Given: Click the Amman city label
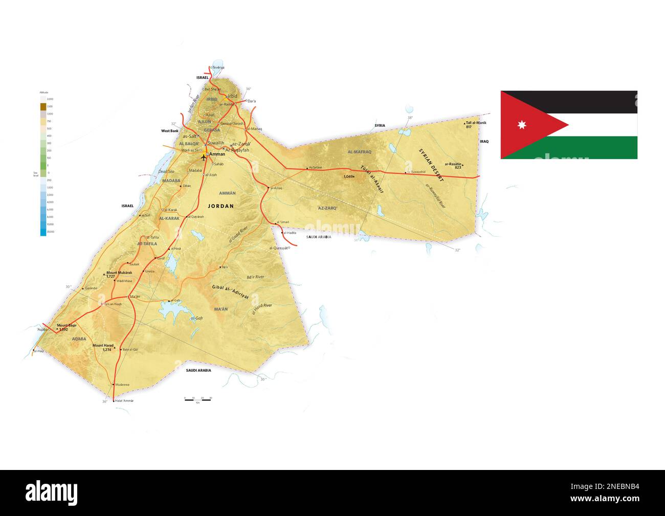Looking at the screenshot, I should coord(217,154).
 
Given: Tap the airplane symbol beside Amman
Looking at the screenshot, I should coord(204,156).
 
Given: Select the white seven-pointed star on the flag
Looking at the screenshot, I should coord(523,125).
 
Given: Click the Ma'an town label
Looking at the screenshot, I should coord(136,297).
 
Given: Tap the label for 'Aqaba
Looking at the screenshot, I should coord(42,330).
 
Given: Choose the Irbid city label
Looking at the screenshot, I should coord(233,96).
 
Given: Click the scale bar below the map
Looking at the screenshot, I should coord(197,399).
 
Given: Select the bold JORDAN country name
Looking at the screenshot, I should coord(220,206).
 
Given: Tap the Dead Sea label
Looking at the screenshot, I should coord(166,171).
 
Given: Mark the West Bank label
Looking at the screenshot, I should coord(169,131).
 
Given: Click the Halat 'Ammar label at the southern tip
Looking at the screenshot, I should coord(125,401).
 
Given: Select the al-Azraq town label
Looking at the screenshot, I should coord(276,188).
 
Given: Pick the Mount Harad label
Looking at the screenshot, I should coord(103,346).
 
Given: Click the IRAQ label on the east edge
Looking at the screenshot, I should coord(484,141).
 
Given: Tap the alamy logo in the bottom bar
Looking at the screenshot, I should coord(52,492).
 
